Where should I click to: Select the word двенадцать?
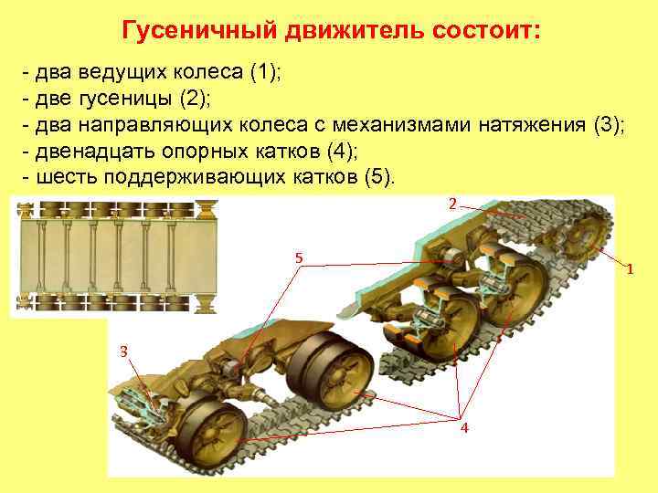[x=93, y=150]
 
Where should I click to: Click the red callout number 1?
[x=629, y=269]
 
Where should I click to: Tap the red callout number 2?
[x=451, y=205]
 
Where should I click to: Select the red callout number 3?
[x=123, y=351]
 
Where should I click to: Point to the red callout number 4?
[x=464, y=428]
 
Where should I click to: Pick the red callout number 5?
[x=298, y=258]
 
